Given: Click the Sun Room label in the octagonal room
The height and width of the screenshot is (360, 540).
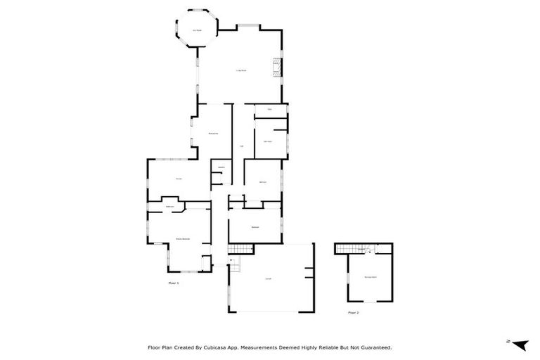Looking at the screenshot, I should [x=198, y=30].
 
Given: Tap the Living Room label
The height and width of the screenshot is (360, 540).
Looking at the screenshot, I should [x=240, y=70].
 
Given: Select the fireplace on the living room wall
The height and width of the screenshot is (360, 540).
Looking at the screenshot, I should [x=277, y=68].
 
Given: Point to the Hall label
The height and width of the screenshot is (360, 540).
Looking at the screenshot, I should [x=241, y=146].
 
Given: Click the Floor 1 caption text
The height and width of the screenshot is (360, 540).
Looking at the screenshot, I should [x=174, y=283].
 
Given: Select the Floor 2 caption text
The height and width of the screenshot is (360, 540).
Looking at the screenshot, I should [x=354, y=312].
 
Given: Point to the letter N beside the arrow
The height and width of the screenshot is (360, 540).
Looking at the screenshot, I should [x=508, y=341].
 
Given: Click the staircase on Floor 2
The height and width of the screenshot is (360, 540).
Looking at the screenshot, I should [x=347, y=248].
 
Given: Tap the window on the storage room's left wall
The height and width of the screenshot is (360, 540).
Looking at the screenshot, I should [x=347, y=278].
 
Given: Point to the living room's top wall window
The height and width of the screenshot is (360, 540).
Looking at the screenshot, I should [x=247, y=27].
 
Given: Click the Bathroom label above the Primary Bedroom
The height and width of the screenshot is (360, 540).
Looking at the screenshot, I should [x=169, y=206].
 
